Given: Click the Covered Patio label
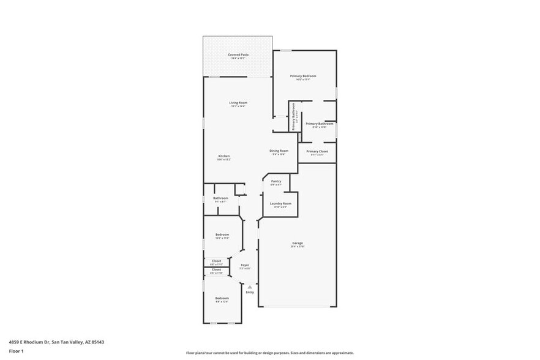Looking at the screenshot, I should [x=238, y=55].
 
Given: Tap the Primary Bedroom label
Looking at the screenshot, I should [x=304, y=76].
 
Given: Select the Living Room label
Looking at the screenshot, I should [x=238, y=103].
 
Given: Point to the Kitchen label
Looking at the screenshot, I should [x=224, y=156].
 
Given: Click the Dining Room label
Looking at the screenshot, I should [x=279, y=151].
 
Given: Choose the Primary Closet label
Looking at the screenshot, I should [x=317, y=151].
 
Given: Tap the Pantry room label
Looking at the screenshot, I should [x=276, y=181].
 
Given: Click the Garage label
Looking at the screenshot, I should [x=297, y=243].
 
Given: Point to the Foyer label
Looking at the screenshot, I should [x=245, y=265].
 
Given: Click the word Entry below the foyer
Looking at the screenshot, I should [x=250, y=292].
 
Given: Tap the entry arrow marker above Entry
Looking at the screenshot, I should [x=250, y=286].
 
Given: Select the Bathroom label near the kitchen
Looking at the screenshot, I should [x=220, y=198].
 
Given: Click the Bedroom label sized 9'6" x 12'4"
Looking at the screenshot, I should [x=222, y=298].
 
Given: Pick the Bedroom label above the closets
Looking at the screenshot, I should [x=222, y=234].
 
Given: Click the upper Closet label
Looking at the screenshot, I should [x=216, y=260].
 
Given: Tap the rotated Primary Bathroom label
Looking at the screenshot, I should [x=294, y=116].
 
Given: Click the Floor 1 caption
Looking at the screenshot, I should [x=15, y=351].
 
